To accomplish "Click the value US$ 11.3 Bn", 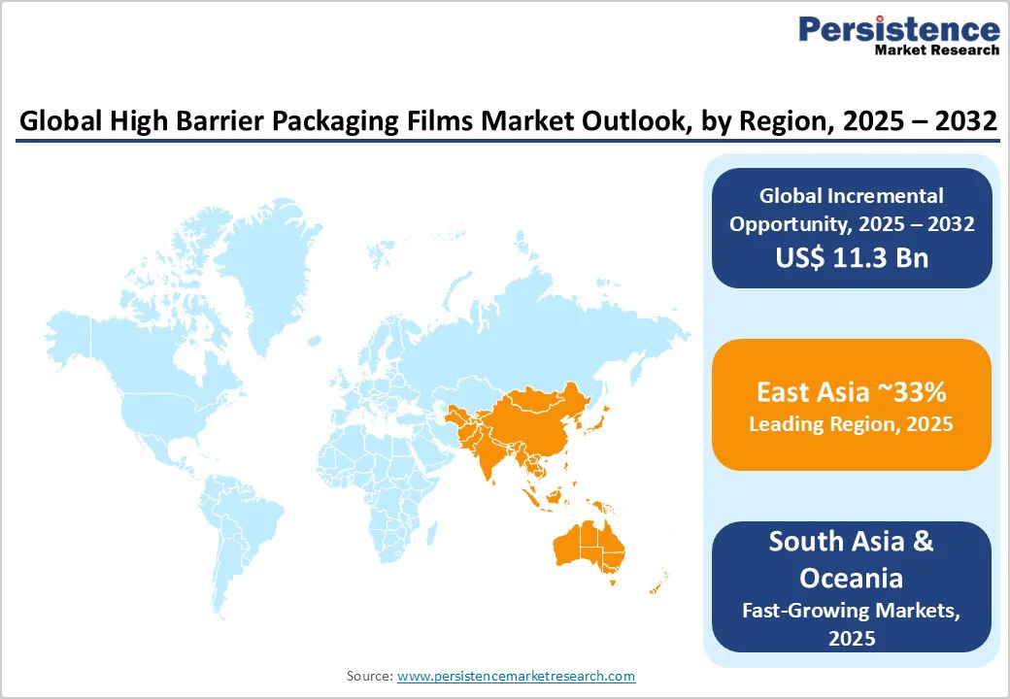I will coord(852,257).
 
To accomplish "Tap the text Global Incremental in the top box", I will coord(852,196).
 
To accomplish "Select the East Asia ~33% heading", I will coord(851,393).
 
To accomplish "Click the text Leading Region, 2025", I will coord(851,424).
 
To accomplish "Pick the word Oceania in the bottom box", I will coord(851,578).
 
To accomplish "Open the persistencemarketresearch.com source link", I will coord(516,676).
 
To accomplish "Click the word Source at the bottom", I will coord(369,676).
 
